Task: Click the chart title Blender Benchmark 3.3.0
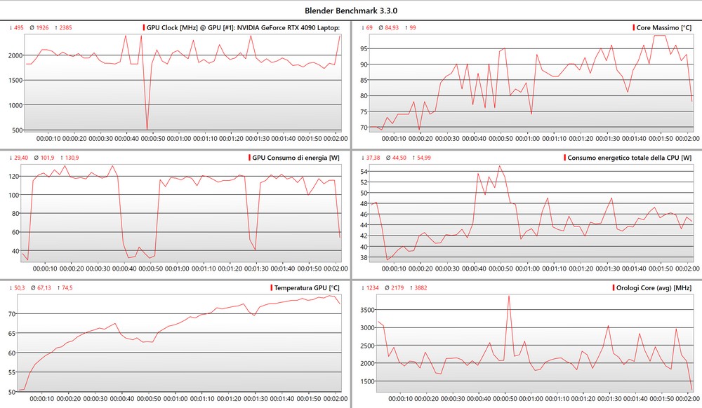tap(351, 11)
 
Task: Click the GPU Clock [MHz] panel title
tap(243, 27)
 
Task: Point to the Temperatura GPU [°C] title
tap(307, 287)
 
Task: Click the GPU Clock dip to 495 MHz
tap(147, 129)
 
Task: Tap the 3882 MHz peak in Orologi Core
tap(508, 296)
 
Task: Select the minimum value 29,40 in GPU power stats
tap(20, 158)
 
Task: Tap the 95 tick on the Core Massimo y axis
tap(364, 48)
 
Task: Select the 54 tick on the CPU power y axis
tap(364, 171)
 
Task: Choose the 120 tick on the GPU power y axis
tap(13, 176)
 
